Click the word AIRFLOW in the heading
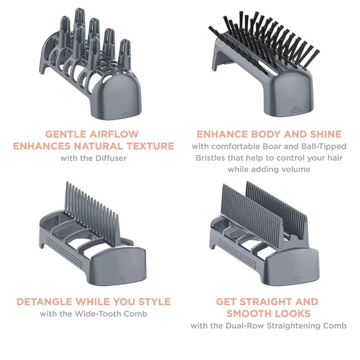pos(114,134)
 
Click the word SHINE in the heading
pos(326,134)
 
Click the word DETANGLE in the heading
pos(45,302)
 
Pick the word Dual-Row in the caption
pos(245,326)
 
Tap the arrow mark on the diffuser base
pos(124,114)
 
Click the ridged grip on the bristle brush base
pos(295,110)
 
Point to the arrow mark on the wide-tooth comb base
pos(124,279)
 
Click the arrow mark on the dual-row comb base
pos(298,279)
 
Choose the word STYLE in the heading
pos(155,302)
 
